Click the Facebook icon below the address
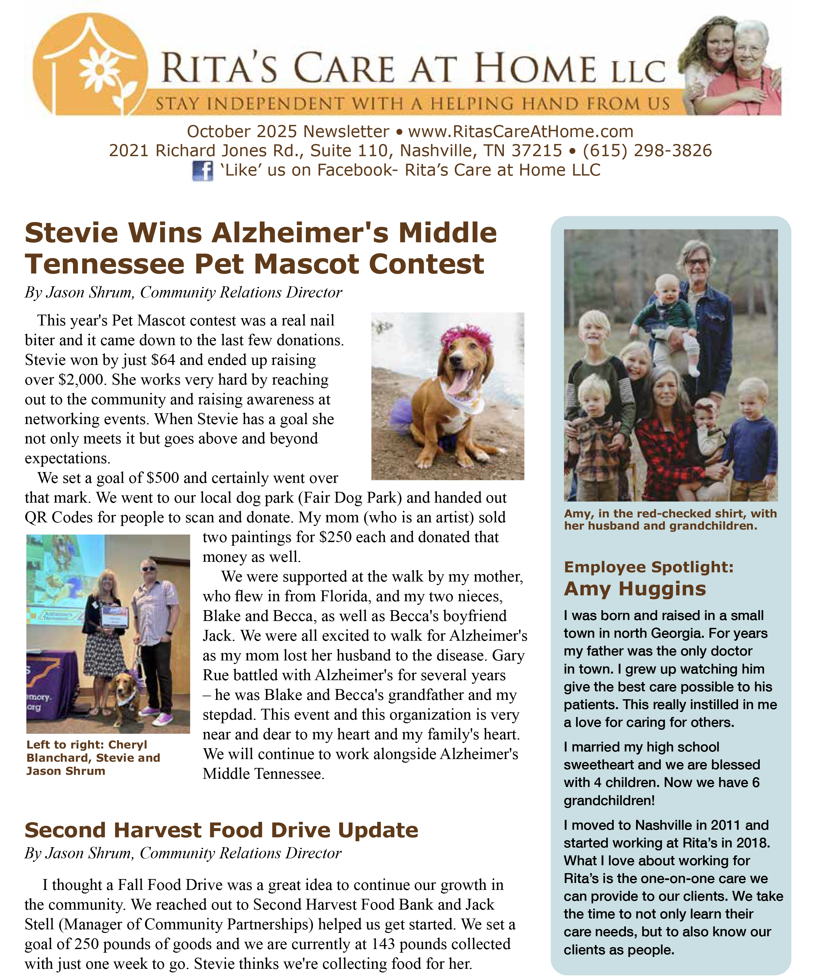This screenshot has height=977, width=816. coord(203,171)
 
